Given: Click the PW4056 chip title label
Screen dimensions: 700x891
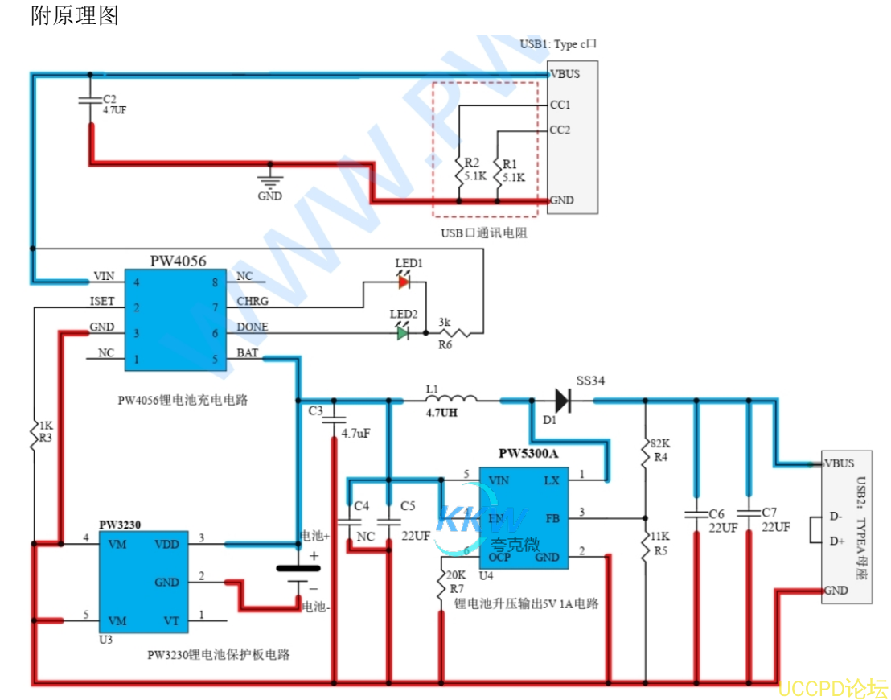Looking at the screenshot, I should tap(178, 261).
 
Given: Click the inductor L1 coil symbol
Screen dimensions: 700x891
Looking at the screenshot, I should tap(451, 397).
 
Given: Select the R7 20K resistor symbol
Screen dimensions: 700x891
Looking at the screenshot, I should tap(441, 586).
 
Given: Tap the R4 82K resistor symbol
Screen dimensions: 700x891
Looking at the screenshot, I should tap(646, 455).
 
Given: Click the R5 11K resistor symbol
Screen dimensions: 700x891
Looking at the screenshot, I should tap(646, 546).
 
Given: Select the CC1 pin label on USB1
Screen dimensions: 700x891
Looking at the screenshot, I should tap(560, 105).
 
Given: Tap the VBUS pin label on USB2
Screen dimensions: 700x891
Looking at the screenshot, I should tap(839, 463).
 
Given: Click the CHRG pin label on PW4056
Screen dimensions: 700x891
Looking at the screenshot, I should tap(253, 302).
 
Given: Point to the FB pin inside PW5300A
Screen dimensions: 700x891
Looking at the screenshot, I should tap(552, 518).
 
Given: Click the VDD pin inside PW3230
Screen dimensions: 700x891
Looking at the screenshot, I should tap(167, 544).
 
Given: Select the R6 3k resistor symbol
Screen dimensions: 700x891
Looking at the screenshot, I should tap(452, 331).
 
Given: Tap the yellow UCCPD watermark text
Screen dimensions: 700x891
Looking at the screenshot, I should tap(832, 689).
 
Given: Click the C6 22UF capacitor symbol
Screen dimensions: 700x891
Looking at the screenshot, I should tap(696, 513).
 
